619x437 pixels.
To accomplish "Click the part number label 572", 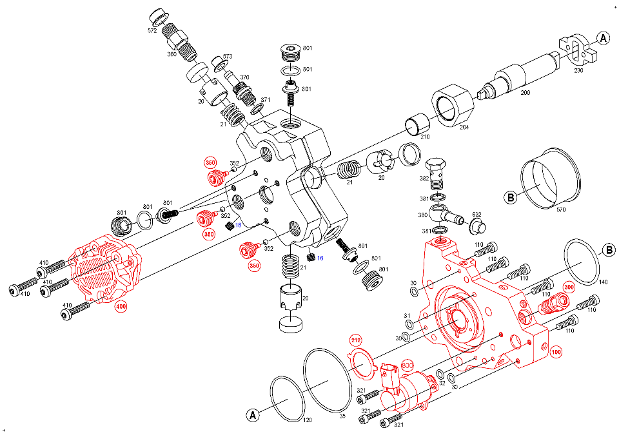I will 153,30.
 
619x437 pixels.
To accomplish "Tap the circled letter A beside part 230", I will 604,38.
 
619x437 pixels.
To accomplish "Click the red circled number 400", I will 121,306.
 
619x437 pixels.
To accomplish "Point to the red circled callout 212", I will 355,340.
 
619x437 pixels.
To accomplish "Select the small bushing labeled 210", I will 415,123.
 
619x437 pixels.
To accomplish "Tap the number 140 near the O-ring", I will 603,282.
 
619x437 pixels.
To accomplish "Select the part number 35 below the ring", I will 342,416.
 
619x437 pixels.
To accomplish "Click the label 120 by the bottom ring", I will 308,420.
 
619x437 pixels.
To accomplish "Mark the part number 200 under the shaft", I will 525,93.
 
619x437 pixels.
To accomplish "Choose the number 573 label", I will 226,57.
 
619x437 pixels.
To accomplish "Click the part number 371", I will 265,100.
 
